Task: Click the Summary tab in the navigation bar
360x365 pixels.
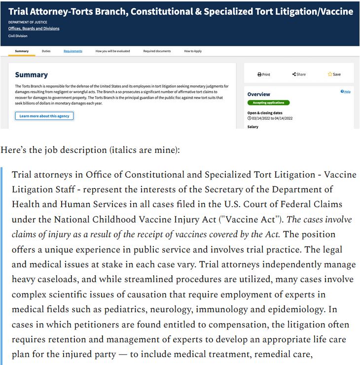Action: [x=22, y=51]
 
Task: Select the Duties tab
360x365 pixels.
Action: [x=46, y=51]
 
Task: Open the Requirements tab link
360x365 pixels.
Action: [x=73, y=51]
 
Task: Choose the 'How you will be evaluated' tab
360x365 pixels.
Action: [x=113, y=51]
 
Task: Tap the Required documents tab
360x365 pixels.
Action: [x=157, y=51]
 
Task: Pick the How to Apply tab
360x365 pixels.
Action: [x=193, y=51]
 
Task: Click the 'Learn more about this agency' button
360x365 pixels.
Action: [x=44, y=116]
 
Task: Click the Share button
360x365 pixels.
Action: [x=299, y=74]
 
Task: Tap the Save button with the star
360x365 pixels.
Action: [x=334, y=74]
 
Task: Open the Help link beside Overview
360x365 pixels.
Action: [x=346, y=92]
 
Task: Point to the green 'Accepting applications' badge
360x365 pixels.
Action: [x=268, y=103]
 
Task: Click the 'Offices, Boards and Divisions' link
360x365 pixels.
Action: [x=34, y=29]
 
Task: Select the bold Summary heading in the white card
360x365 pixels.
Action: [x=32, y=75]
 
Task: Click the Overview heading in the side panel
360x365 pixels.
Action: [x=258, y=94]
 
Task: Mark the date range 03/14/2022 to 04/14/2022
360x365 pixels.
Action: [x=272, y=118]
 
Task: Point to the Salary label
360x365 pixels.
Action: [x=252, y=127]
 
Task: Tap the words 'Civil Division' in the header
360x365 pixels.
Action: [x=18, y=36]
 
